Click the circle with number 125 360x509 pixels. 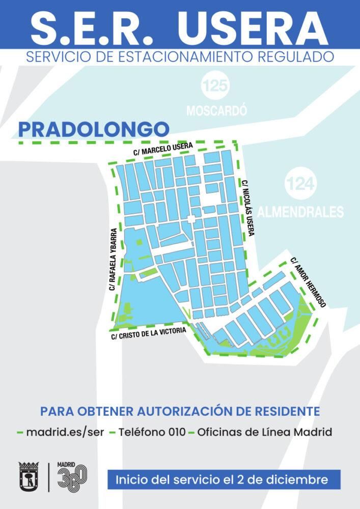pos(215,86)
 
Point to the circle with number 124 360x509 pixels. pos(300,184)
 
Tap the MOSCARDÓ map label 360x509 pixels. pos(216,110)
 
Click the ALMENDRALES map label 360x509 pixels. pos(300,212)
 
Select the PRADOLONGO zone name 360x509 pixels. pos(93,129)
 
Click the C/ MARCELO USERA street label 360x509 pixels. pos(163,149)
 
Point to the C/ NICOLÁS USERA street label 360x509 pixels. pos(247,208)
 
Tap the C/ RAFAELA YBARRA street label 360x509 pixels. pos(114,259)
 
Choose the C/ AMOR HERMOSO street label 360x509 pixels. pos(308,282)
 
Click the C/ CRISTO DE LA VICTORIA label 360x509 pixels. pos(148,333)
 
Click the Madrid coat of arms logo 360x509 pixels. pos(29,476)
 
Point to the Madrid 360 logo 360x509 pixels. pos(72,476)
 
